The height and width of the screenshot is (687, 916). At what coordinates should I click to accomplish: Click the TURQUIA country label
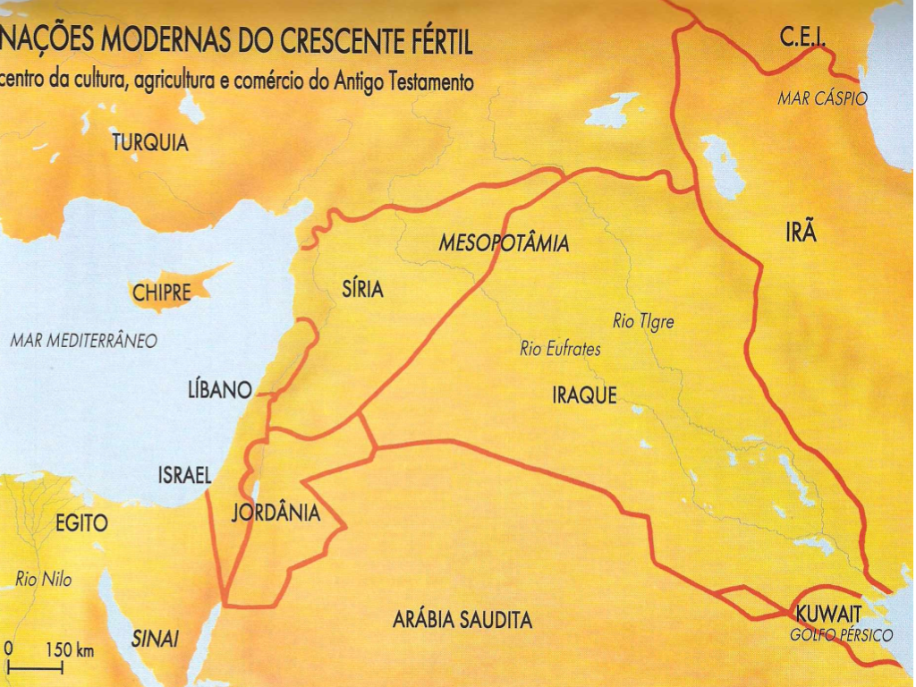point(150,142)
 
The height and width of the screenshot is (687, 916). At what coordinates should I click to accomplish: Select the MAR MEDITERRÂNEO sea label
point(84,341)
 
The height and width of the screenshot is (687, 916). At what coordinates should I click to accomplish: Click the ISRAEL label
point(183,477)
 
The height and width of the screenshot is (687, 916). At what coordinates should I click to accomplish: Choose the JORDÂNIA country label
point(276,513)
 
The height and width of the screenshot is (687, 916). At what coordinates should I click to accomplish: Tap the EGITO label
point(81,524)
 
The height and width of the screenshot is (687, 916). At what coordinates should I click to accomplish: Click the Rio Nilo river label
point(43,580)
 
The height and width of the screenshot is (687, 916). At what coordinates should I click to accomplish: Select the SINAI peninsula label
point(156,639)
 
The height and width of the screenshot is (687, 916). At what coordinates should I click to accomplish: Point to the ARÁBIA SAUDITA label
point(462,620)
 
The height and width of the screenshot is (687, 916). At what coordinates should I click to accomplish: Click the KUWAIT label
point(827,615)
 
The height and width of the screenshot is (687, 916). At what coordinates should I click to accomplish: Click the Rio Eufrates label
point(560,350)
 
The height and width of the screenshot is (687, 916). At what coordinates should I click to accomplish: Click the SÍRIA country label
point(362,289)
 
